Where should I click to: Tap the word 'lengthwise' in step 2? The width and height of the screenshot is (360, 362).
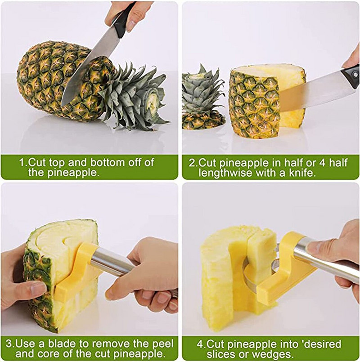225,173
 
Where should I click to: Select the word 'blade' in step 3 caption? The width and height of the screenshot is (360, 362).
62,344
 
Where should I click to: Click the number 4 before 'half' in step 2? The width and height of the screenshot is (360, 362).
322,162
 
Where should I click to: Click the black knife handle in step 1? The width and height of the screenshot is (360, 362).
124,19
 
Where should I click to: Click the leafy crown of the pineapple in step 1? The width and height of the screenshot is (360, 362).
136,97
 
